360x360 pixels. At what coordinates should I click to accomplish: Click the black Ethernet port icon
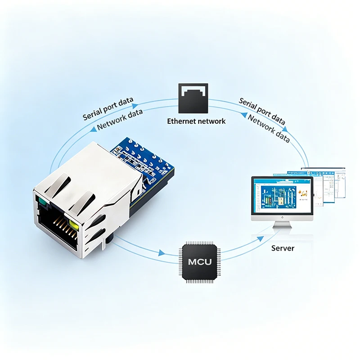193,98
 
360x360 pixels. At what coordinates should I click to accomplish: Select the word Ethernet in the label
181,121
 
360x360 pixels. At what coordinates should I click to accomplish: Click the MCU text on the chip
200,262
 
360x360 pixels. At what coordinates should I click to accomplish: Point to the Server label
283,248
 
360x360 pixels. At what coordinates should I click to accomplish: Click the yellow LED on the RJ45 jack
73,225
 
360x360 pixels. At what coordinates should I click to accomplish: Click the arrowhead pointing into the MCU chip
162,253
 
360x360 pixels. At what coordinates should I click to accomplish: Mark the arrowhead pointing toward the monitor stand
261,239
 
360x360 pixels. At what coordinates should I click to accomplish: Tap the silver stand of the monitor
282,225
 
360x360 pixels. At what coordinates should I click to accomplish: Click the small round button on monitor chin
282,218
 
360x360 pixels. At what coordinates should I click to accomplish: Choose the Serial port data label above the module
108,108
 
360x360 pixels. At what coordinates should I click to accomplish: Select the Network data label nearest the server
269,129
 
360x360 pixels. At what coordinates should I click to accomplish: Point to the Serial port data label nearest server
262,111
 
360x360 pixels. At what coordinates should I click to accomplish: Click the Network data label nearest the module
120,119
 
